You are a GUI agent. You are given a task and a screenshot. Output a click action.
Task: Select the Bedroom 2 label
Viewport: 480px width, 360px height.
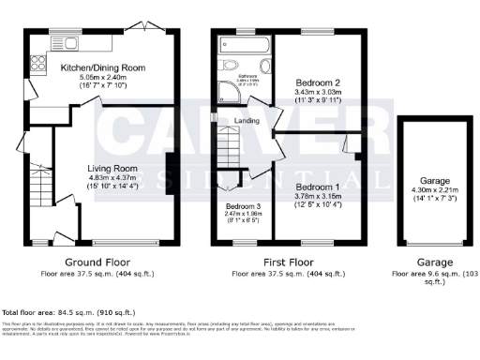(x=321, y=82)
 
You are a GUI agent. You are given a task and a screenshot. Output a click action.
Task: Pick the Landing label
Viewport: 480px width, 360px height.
(x=247, y=120)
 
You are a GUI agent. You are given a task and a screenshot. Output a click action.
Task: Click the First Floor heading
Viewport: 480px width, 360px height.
(x=291, y=262)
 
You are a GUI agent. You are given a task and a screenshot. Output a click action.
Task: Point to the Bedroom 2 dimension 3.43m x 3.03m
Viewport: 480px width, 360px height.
(x=321, y=92)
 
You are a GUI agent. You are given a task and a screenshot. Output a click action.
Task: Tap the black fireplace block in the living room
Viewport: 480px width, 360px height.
(x=170, y=170)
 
